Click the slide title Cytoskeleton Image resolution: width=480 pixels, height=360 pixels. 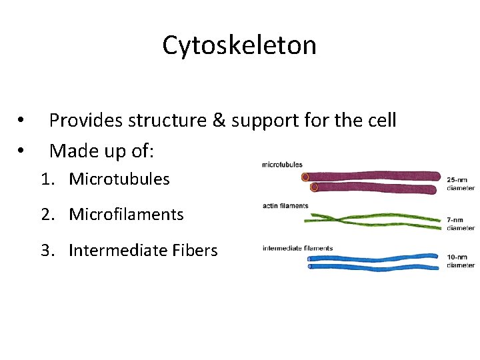(x=239, y=45)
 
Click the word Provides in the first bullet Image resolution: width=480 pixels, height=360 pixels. (x=85, y=121)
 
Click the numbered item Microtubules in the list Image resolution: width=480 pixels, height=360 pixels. (x=119, y=179)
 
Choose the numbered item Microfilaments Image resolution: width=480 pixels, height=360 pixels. (x=126, y=214)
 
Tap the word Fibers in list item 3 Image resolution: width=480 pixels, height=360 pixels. (x=195, y=250)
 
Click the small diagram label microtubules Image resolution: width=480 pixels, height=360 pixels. (x=282, y=165)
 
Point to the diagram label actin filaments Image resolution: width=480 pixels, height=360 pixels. (x=285, y=205)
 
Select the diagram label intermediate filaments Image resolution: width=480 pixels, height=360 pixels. (x=297, y=249)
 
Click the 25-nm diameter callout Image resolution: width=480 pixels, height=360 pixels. (x=461, y=183)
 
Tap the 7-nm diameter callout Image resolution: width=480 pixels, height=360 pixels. (x=461, y=223)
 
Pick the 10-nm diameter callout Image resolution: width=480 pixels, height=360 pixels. (x=461, y=261)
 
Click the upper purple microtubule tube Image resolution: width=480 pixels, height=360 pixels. (x=373, y=177)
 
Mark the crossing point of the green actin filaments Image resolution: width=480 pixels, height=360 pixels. (x=340, y=217)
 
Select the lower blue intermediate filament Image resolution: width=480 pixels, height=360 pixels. (x=373, y=267)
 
